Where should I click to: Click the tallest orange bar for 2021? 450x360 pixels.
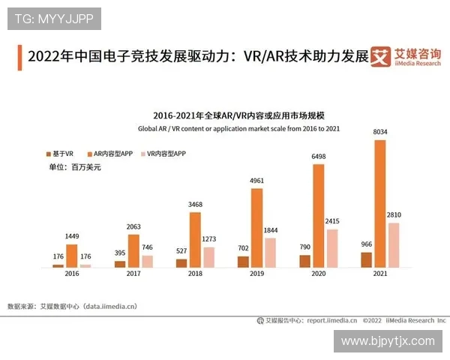pos(380,203)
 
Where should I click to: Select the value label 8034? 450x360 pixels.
pos(380,132)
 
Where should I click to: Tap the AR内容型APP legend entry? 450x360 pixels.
pos(112,153)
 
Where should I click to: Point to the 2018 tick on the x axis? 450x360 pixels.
pos(195,275)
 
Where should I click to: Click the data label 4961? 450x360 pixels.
pos(256,181)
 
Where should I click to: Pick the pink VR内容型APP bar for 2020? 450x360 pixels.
pos(333,248)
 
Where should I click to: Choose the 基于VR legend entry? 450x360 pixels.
pos(59,153)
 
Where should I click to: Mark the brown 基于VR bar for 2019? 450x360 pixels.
pos(243,261)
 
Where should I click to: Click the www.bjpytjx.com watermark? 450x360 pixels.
pos(388,341)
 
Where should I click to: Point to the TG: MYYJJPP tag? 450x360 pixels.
pos(54,19)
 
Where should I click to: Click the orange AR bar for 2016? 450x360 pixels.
pos(72,255)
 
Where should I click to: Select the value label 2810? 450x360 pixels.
pos(394,215)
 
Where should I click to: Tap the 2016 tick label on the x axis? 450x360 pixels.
pos(72,275)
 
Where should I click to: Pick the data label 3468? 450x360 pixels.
pos(195,205)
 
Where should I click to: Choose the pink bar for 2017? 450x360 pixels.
pos(147,261)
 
